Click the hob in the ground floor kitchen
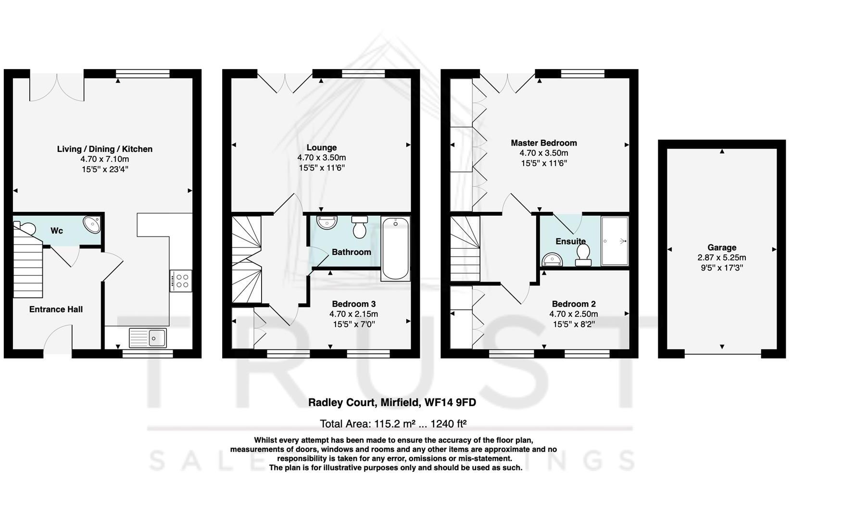[182, 281]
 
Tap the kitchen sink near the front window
[148, 338]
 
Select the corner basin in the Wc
[91, 224]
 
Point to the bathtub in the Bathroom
[395, 248]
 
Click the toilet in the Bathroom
[359, 227]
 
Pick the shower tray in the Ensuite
[615, 241]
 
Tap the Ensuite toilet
[583, 254]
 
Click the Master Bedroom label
[543, 143]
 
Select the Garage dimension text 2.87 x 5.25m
[721, 258]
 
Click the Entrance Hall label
[56, 309]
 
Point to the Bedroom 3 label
[353, 304]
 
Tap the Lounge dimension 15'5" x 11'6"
[321, 168]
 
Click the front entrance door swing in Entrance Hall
[58, 341]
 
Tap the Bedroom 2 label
[573, 304]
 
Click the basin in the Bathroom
[327, 223]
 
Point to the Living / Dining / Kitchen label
[104, 149]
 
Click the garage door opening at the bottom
[722, 355]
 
